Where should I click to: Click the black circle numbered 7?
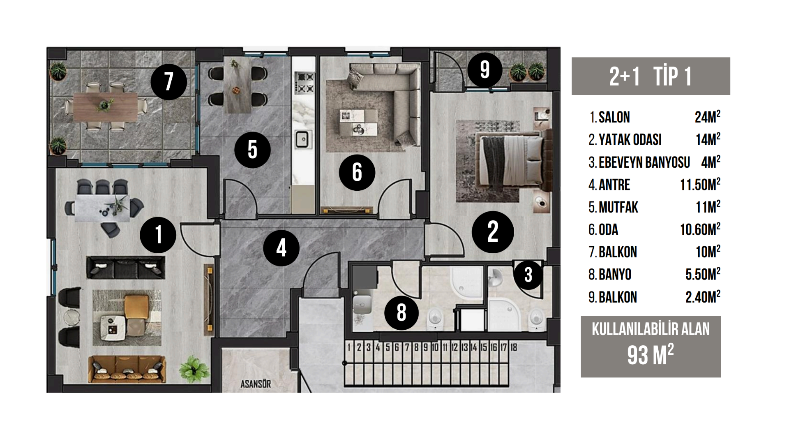point(168,82)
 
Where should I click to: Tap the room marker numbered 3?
point(528,275)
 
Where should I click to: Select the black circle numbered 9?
point(484,69)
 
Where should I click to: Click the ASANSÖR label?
point(256,384)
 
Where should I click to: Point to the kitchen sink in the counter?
point(302,139)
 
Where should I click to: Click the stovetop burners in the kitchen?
point(305,83)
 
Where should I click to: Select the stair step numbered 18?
point(514,347)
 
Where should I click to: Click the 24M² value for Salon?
point(707,117)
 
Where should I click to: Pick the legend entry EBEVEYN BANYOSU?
point(644,162)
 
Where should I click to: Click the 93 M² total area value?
point(650,355)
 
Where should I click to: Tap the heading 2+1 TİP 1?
point(651,76)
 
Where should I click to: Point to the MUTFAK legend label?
point(618,208)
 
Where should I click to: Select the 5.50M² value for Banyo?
point(703,275)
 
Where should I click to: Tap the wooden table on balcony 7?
point(105,106)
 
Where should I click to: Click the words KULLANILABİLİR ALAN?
point(651,329)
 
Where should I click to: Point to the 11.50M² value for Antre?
point(700,185)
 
